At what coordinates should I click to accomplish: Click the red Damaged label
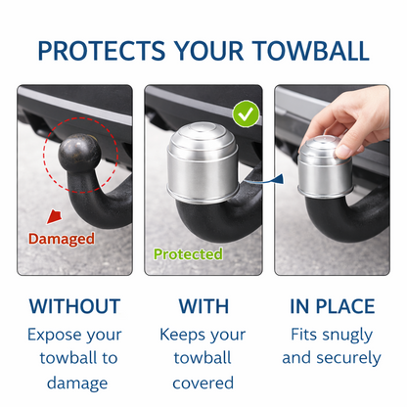click(61, 238)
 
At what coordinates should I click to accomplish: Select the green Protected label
click(188, 254)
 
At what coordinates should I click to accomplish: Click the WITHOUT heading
click(74, 306)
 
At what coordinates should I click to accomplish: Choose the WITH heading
click(203, 306)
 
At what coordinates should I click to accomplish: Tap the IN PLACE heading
click(332, 306)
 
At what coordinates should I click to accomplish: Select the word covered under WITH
click(203, 383)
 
